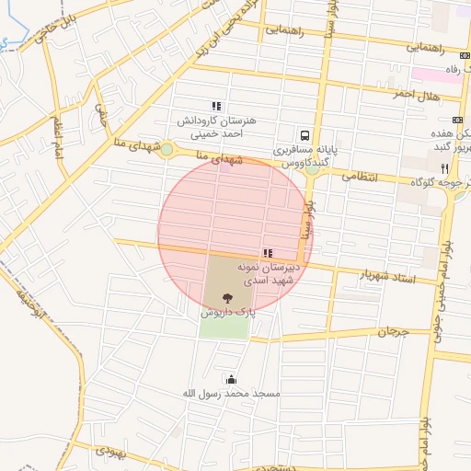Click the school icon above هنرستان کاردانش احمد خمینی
tap(216, 107)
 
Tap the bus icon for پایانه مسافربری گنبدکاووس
tap(304, 133)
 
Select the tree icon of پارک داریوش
tap(226, 296)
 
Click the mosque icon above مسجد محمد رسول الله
tap(229, 379)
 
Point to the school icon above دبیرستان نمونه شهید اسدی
tap(267, 252)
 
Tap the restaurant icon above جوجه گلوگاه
tap(445, 168)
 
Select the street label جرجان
tap(391, 330)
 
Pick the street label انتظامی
tap(360, 179)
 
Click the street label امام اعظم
tap(58, 136)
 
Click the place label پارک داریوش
tap(226, 313)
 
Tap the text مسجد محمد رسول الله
tap(230, 394)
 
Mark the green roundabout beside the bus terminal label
tap(313, 168)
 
